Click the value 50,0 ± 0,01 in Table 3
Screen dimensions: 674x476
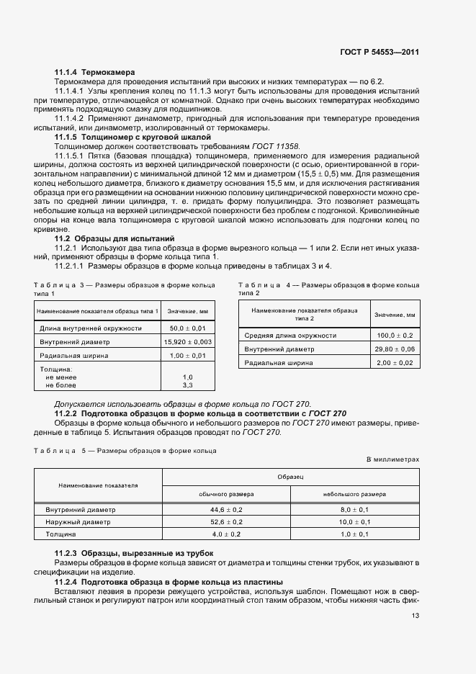188,328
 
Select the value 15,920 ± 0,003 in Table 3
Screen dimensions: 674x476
188,341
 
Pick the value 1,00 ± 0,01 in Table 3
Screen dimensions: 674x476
188,355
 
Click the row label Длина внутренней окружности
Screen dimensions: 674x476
81,328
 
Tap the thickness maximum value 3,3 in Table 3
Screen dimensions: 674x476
188,385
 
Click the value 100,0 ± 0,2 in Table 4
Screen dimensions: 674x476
395,336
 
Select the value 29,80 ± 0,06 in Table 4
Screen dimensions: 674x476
395,349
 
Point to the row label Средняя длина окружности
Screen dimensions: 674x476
290,336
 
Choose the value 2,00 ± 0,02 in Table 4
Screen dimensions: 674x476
395,363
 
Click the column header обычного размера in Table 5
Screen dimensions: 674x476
225,494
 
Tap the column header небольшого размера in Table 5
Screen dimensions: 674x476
354,494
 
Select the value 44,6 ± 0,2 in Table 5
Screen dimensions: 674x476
226,508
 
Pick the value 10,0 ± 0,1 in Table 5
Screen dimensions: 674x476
354,521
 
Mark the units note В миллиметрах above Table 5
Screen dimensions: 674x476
392,459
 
